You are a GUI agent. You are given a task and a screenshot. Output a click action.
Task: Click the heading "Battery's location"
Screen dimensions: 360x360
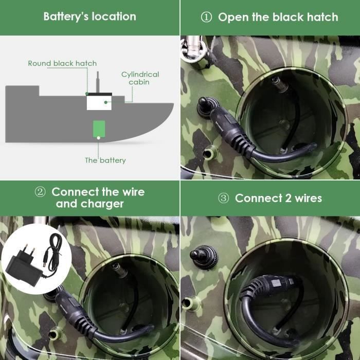coord(90,17)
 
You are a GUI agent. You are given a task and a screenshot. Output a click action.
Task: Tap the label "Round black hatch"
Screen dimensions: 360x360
coord(62,63)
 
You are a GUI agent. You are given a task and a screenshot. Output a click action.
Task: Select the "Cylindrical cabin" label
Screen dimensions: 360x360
coord(140,78)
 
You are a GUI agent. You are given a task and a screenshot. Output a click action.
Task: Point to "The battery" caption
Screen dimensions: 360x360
coord(105,160)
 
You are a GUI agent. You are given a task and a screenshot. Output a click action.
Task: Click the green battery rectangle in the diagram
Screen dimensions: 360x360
coord(99,129)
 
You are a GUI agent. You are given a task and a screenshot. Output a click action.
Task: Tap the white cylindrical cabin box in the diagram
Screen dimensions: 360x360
coord(99,103)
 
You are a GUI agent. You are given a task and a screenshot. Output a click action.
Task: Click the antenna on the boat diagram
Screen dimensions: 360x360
coord(98,82)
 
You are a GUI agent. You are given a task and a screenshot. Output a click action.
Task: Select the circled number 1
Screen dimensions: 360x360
coord(206,17)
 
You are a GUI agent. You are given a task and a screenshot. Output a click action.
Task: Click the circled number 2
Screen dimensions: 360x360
coord(40,192)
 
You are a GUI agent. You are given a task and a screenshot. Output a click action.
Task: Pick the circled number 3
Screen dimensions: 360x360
coord(223,198)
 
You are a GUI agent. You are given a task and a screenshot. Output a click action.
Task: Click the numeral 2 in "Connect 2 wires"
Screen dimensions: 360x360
coord(288,198)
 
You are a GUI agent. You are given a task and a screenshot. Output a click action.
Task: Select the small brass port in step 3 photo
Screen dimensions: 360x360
coord(191,303)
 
